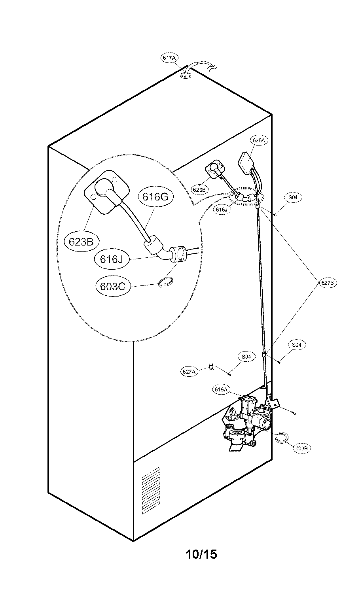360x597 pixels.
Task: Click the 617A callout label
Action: coord(169,58)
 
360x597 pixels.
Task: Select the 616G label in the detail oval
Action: coord(155,196)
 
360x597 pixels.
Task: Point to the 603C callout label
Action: coord(113,286)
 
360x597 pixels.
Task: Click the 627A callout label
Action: coord(189,372)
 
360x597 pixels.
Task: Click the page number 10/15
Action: coord(201,554)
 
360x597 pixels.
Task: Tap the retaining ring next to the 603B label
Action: coord(283,437)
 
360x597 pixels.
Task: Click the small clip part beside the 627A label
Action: coord(212,367)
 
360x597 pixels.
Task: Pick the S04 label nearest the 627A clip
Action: coord(246,357)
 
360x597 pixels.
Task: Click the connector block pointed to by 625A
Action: coord(246,162)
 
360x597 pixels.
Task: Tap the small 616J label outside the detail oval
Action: coord(222,210)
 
